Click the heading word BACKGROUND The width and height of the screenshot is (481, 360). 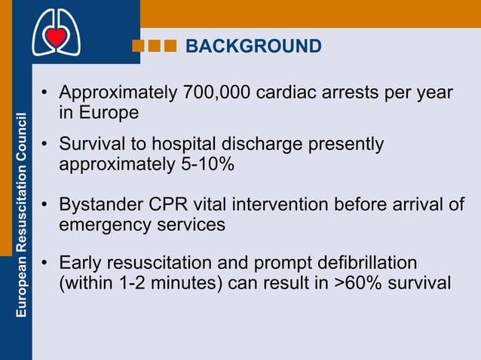253,47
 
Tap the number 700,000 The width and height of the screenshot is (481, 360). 217,94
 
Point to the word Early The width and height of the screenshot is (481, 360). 81,264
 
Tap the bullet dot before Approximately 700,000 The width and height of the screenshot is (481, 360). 46,95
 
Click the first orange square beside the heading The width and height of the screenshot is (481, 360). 138,47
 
